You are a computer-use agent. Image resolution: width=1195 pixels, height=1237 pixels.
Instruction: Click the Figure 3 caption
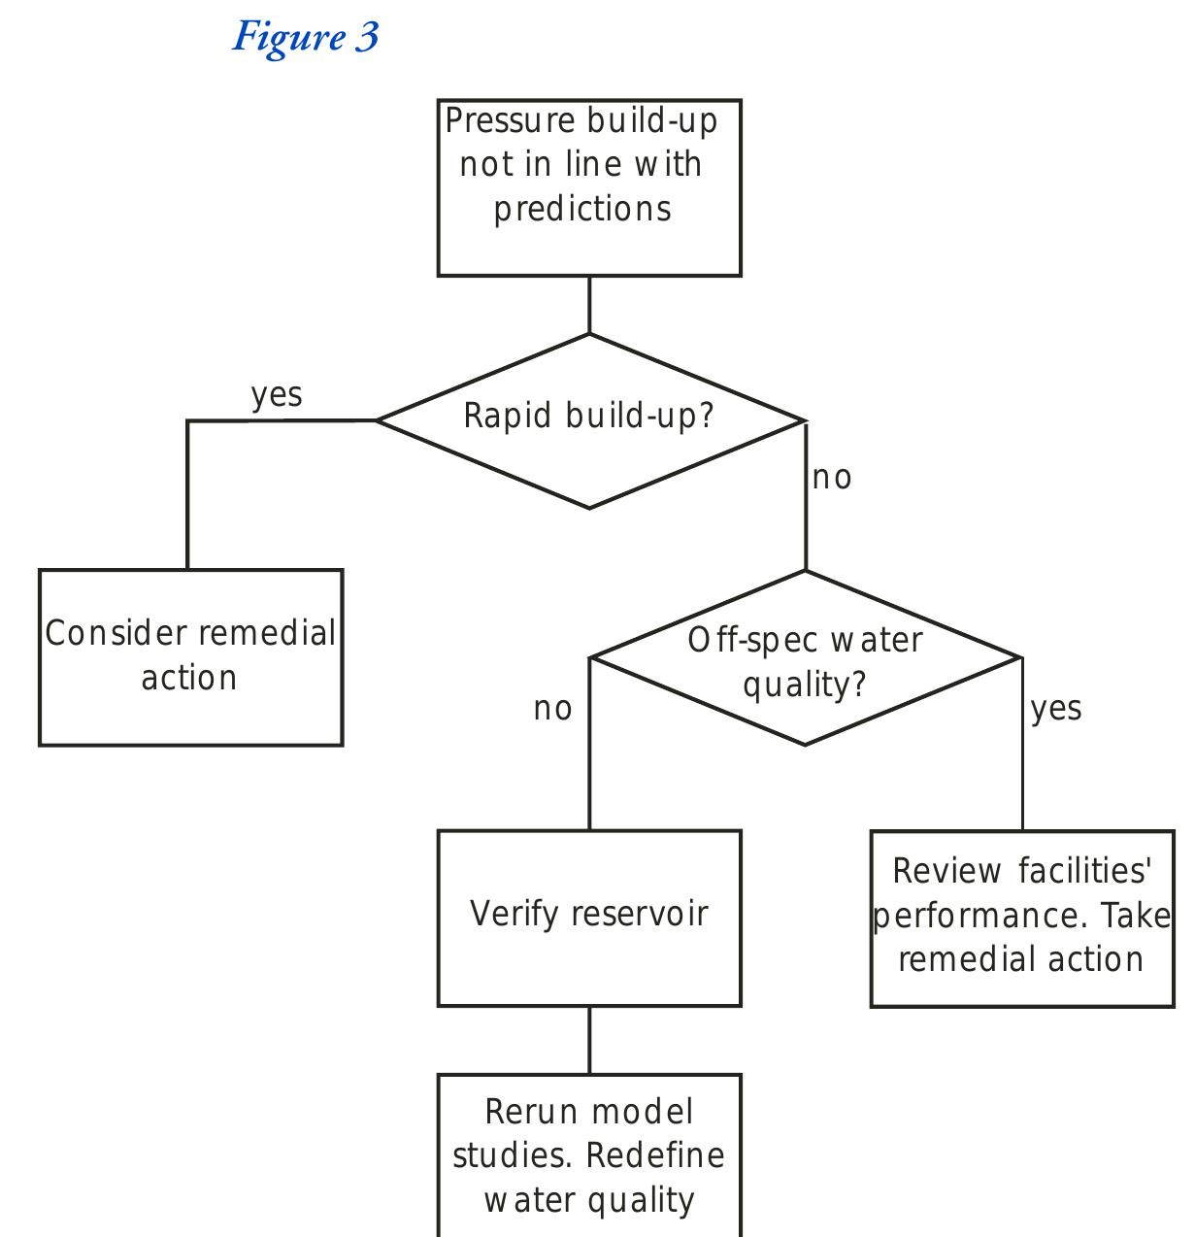[305, 37]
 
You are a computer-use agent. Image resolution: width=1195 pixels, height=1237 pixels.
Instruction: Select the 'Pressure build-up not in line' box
[589, 187]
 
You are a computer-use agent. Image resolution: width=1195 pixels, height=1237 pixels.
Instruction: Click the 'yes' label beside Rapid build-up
[277, 395]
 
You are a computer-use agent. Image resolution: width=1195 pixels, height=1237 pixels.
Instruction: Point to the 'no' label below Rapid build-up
[832, 478]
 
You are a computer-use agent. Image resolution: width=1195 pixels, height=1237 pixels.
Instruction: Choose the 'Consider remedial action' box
[190, 657]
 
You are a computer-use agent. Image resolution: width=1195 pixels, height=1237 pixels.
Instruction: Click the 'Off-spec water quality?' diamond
[805, 660]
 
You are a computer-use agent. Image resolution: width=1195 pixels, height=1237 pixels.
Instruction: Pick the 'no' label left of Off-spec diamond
[553, 709]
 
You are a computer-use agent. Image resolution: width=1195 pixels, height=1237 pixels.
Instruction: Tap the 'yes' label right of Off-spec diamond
[1056, 709]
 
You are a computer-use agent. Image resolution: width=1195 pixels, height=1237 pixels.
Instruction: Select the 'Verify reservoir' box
[589, 918]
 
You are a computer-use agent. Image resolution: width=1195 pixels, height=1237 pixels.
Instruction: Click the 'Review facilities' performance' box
[1022, 918]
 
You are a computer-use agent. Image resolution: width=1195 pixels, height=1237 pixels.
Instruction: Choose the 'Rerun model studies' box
[589, 1155]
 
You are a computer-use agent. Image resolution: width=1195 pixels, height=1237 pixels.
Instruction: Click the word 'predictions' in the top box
[582, 210]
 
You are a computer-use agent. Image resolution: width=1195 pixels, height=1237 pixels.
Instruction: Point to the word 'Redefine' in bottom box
[655, 1155]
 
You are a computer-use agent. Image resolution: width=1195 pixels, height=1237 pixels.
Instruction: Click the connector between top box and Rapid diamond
[589, 305]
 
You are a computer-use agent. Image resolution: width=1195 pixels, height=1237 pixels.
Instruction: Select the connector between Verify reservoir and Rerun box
[589, 1040]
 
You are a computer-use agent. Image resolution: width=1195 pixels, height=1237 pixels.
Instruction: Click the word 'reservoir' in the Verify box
[640, 914]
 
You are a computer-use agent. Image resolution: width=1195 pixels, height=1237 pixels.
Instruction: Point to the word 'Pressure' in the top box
[511, 121]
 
